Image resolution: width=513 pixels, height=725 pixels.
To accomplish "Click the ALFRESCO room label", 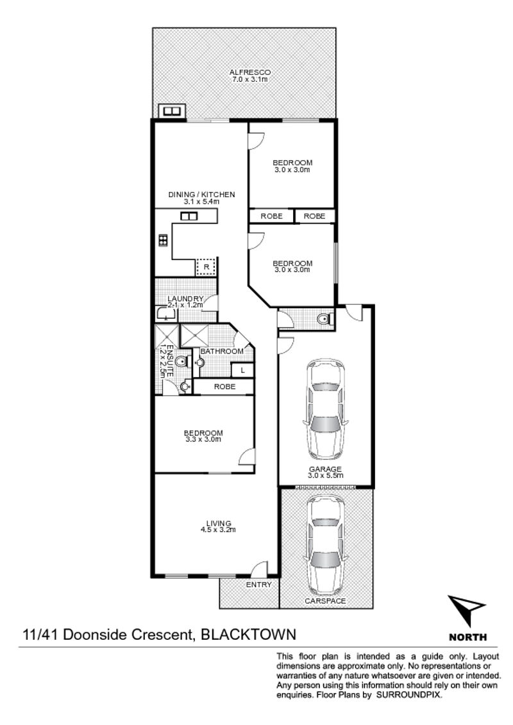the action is click(x=250, y=72).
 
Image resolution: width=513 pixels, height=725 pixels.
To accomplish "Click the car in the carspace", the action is click(x=326, y=548).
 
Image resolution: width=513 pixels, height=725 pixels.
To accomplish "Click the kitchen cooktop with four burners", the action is click(x=163, y=240).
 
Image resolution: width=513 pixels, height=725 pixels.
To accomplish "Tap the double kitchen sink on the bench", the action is click(x=189, y=216).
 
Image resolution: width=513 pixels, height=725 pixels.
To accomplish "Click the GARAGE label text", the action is click(x=326, y=469).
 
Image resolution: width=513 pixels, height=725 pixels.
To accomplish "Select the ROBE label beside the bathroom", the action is click(x=224, y=387).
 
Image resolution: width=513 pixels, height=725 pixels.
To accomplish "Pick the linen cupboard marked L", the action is click(x=242, y=370).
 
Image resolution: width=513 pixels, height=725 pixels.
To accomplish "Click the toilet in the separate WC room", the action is click(x=324, y=318).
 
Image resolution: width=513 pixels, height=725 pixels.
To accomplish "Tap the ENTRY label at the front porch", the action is click(x=259, y=585).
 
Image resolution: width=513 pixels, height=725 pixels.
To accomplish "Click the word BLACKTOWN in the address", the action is click(x=248, y=634).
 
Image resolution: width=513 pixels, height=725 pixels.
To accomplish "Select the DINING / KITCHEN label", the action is click(x=201, y=195).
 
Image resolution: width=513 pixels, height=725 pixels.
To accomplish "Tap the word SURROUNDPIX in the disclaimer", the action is click(x=409, y=695).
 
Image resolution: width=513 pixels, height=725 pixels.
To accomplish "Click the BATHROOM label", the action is click(x=222, y=352).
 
